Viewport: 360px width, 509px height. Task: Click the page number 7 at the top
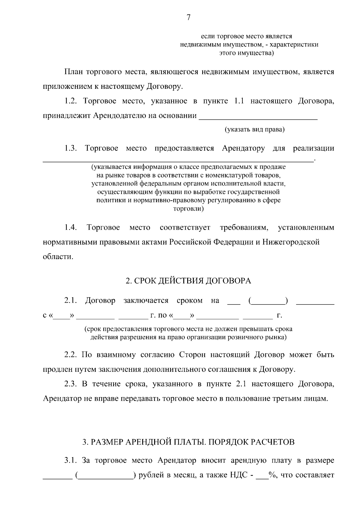click(188, 18)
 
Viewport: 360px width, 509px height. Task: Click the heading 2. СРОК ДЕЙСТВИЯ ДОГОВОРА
click(188, 281)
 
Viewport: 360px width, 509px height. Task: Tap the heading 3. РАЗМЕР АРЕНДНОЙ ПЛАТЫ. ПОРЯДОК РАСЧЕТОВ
click(188, 442)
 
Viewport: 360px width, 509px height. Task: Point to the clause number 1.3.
click(71, 148)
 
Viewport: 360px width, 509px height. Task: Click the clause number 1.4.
click(71, 228)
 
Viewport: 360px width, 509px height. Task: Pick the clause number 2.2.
click(71, 355)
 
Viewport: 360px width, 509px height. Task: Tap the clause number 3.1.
click(71, 461)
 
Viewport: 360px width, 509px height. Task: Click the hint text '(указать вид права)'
click(255, 130)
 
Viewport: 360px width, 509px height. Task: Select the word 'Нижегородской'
click(291, 242)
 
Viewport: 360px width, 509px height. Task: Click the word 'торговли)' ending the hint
click(188, 209)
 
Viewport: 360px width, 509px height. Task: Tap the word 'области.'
click(58, 257)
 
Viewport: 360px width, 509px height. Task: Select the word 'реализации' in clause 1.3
click(313, 148)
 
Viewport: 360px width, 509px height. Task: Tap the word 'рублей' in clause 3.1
click(153, 475)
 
